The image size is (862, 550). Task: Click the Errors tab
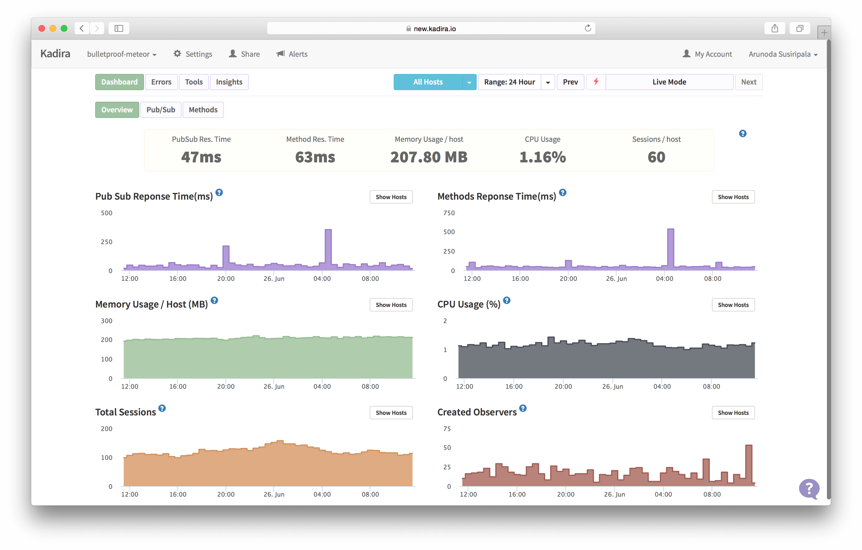tap(161, 82)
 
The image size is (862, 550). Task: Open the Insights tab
tap(229, 82)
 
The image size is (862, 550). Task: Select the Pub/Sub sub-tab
tap(161, 110)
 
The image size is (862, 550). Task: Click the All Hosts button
tap(428, 82)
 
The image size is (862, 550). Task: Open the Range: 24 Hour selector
tap(510, 82)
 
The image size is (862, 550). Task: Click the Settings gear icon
tap(177, 54)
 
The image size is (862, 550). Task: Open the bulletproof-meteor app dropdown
tap(122, 54)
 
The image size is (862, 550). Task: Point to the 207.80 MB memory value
tap(429, 157)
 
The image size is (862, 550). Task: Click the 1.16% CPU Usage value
tap(542, 157)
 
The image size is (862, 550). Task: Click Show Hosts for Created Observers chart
tap(733, 413)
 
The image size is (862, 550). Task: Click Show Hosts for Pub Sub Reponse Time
tap(391, 197)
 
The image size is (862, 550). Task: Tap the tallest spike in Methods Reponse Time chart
tap(670, 247)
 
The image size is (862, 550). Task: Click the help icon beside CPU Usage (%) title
tap(506, 300)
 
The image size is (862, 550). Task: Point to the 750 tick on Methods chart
tap(449, 213)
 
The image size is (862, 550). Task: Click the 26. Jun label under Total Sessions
tap(274, 494)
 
